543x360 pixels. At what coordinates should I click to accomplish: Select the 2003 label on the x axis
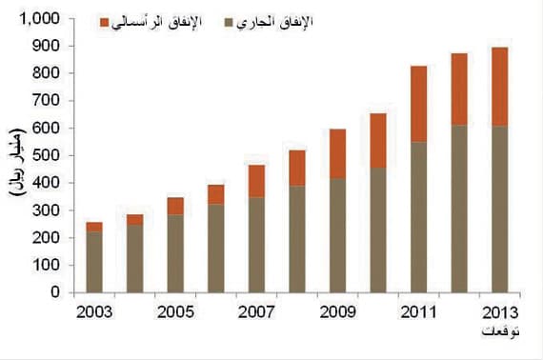(x=93, y=311)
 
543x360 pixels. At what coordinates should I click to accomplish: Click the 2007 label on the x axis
(x=255, y=311)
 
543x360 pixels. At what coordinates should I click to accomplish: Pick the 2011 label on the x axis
(x=419, y=311)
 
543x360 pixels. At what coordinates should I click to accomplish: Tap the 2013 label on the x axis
(x=500, y=311)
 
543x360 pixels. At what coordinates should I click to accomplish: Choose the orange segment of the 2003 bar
(x=93, y=227)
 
